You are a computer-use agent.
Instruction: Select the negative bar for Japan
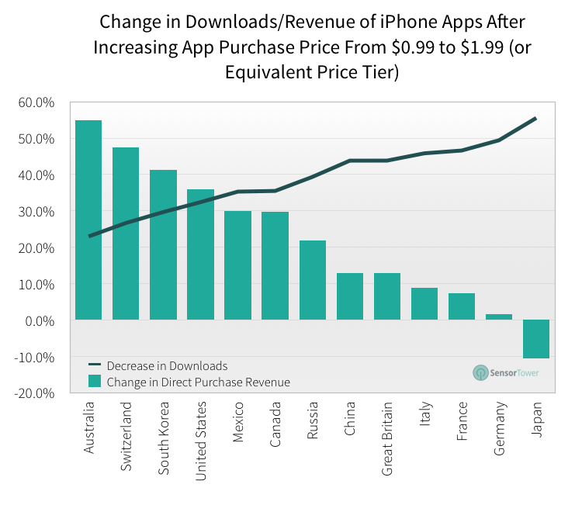536,339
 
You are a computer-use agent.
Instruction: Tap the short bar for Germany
499,316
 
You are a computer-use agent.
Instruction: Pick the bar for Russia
312,280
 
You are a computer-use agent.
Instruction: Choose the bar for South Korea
163,245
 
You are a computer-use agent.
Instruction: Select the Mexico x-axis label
238,421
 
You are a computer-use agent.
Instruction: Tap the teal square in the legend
95,381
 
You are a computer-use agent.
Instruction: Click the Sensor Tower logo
505,372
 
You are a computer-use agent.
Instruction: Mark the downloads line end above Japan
535,119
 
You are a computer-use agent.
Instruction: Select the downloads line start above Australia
90,236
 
